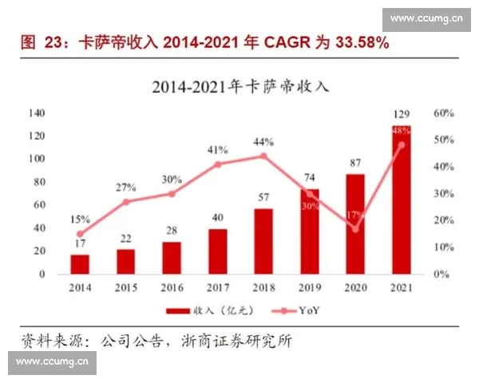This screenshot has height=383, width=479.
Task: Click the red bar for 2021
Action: (401, 199)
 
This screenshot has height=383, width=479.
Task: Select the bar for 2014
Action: (80, 264)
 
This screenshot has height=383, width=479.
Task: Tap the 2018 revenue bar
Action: (263, 241)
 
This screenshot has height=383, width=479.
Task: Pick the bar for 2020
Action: (355, 224)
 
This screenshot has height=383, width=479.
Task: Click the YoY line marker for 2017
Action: (217, 164)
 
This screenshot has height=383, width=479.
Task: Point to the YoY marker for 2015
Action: (125, 202)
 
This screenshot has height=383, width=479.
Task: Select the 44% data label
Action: (263, 141)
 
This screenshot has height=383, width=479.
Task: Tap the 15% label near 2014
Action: (80, 219)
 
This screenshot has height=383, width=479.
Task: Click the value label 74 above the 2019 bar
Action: (309, 177)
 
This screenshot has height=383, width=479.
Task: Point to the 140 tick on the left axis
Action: (37, 113)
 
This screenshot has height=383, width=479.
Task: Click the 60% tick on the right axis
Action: (443, 113)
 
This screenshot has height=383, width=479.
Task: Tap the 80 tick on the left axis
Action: (39, 182)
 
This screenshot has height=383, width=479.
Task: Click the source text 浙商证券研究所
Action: (243, 342)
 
